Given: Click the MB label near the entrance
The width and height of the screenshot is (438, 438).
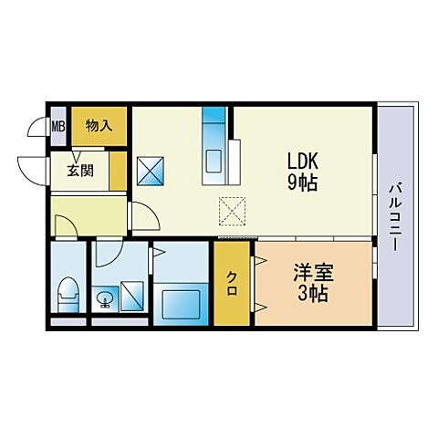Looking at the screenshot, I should tap(57, 127).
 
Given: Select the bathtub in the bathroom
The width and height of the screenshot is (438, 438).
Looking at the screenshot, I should tap(182, 298).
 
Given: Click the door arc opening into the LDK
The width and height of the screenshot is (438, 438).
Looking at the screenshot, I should tap(141, 215).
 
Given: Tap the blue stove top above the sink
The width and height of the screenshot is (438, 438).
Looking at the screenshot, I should tap(214, 123).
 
